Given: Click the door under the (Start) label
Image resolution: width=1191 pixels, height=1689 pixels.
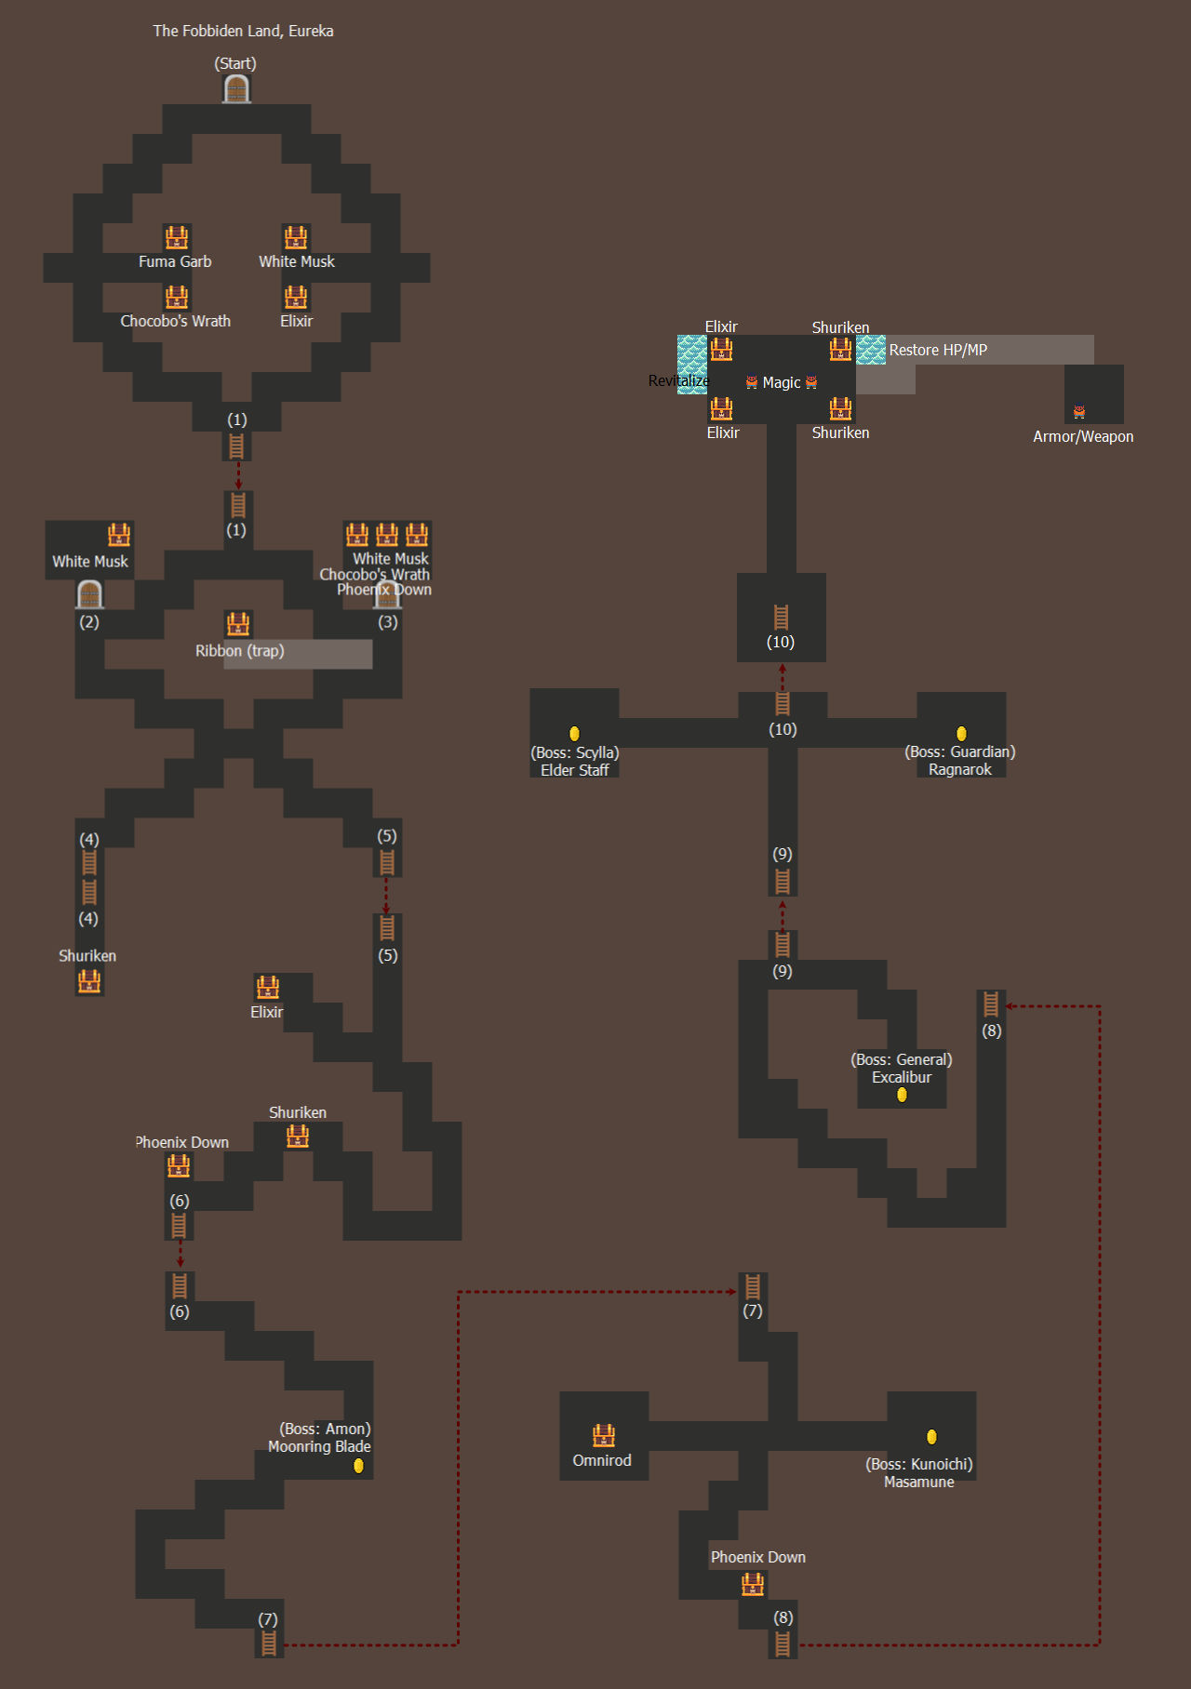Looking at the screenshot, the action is click(236, 89).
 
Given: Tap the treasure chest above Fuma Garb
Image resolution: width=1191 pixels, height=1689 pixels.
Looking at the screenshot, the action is click(177, 237).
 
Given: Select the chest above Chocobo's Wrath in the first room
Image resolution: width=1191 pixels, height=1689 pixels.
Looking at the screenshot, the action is click(177, 297).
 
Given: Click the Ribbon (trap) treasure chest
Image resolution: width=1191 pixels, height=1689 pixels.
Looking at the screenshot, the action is click(238, 623).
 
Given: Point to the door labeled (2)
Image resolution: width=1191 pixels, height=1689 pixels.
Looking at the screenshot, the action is click(89, 594).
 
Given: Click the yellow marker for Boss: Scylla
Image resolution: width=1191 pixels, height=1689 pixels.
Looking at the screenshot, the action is click(574, 734).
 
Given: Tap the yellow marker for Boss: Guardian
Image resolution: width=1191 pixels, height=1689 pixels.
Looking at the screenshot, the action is click(961, 734).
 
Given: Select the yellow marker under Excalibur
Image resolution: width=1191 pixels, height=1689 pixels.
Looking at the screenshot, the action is click(902, 1095).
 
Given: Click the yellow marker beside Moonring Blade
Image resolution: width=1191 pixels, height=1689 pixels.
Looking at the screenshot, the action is click(358, 1466).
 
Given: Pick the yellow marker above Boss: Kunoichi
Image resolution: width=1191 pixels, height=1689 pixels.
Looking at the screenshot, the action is click(931, 1437).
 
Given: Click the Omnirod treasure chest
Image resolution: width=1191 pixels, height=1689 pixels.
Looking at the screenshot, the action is click(604, 1435).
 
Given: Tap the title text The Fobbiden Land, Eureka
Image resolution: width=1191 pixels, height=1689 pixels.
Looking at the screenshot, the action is click(243, 31).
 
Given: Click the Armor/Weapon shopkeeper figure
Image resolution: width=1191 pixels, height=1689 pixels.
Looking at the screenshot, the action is click(1079, 411).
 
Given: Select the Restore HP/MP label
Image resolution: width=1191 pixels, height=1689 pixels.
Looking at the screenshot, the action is click(938, 350).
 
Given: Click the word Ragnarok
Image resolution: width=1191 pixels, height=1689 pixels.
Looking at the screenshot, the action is click(960, 769).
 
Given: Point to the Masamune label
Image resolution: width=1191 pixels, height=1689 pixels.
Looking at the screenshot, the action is click(919, 1482).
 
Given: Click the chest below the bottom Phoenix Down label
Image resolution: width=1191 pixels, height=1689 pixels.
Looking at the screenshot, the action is click(753, 1584).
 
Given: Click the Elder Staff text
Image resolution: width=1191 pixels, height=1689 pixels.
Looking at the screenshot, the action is click(575, 770).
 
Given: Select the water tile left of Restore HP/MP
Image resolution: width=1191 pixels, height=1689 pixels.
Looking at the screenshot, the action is click(871, 350).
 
